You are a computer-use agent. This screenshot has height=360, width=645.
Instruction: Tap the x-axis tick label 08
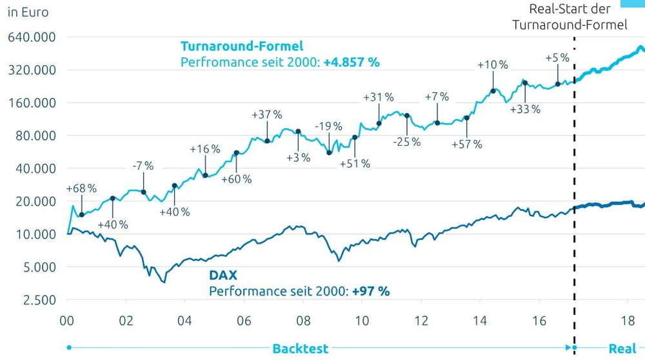[303, 321]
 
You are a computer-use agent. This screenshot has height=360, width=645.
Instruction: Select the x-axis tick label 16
[540, 321]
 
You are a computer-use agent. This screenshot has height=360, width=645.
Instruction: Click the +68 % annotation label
[81, 188]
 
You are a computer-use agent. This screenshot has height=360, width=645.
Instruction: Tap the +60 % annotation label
[236, 179]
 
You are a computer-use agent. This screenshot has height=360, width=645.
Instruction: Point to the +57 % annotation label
[467, 144]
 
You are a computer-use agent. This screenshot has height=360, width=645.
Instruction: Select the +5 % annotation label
[557, 57]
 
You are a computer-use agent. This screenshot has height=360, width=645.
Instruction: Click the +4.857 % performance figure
[352, 63]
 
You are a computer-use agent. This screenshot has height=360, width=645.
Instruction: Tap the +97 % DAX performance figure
[371, 291]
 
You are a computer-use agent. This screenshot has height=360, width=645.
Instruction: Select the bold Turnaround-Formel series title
[242, 46]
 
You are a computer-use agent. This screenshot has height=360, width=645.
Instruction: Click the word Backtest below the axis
[300, 348]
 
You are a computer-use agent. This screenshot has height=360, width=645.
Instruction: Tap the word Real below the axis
[622, 348]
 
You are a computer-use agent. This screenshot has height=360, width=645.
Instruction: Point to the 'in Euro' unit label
[28, 12]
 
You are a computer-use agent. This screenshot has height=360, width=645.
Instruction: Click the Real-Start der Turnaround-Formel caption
[570, 17]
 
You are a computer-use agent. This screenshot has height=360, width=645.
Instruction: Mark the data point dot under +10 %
[493, 91]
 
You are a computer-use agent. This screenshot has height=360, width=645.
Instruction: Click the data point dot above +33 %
[525, 83]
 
